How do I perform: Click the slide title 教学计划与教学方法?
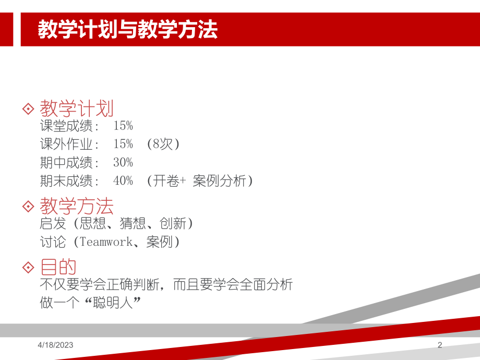[x=127, y=30]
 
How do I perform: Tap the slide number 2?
[x=439, y=345]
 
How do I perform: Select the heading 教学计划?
[x=77, y=109]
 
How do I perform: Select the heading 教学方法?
[x=77, y=206]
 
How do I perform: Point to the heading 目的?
[x=58, y=267]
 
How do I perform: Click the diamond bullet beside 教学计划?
[x=28, y=109]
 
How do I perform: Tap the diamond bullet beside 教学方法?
[x=28, y=206]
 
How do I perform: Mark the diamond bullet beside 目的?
[x=28, y=267]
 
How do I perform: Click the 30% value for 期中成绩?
[x=123, y=162]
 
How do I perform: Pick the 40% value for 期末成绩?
[x=123, y=181]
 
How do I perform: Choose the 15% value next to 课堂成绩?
[x=123, y=126]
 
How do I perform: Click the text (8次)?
[x=163, y=144]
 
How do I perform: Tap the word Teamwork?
[x=106, y=242]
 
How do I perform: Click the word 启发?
[x=53, y=224]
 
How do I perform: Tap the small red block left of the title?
[x=6, y=30]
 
